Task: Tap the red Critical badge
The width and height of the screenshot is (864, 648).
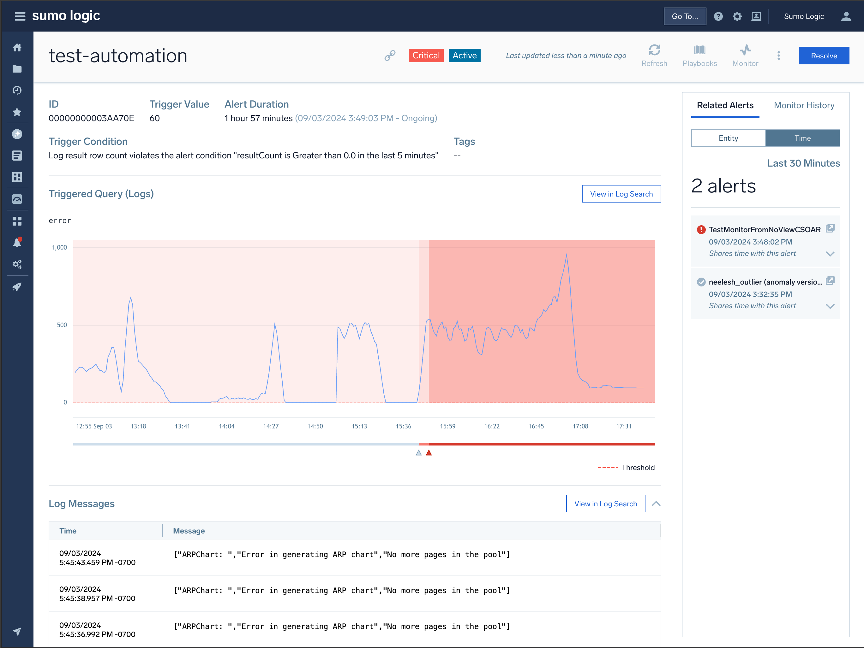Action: click(426, 56)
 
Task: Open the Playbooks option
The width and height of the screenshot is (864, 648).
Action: click(699, 56)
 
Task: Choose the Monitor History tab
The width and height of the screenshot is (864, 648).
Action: click(804, 105)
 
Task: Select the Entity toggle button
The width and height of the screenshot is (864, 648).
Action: click(728, 138)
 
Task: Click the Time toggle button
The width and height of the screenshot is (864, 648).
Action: click(802, 138)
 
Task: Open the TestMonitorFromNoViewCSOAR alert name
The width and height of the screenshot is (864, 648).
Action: click(765, 230)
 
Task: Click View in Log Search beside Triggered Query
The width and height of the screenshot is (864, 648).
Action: click(621, 194)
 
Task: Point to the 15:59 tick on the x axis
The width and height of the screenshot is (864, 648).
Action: click(447, 426)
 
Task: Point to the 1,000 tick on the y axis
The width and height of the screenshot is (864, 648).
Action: click(59, 247)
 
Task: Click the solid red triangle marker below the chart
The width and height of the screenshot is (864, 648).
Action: click(429, 452)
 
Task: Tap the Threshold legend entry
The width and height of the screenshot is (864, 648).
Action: click(638, 467)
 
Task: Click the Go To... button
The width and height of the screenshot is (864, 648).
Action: click(684, 16)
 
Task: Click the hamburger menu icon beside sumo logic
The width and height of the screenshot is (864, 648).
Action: click(20, 16)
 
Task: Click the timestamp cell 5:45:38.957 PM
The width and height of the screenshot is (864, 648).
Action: click(97, 594)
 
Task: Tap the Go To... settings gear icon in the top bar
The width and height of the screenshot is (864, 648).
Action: click(737, 16)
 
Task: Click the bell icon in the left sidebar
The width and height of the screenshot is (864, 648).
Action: click(17, 243)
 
